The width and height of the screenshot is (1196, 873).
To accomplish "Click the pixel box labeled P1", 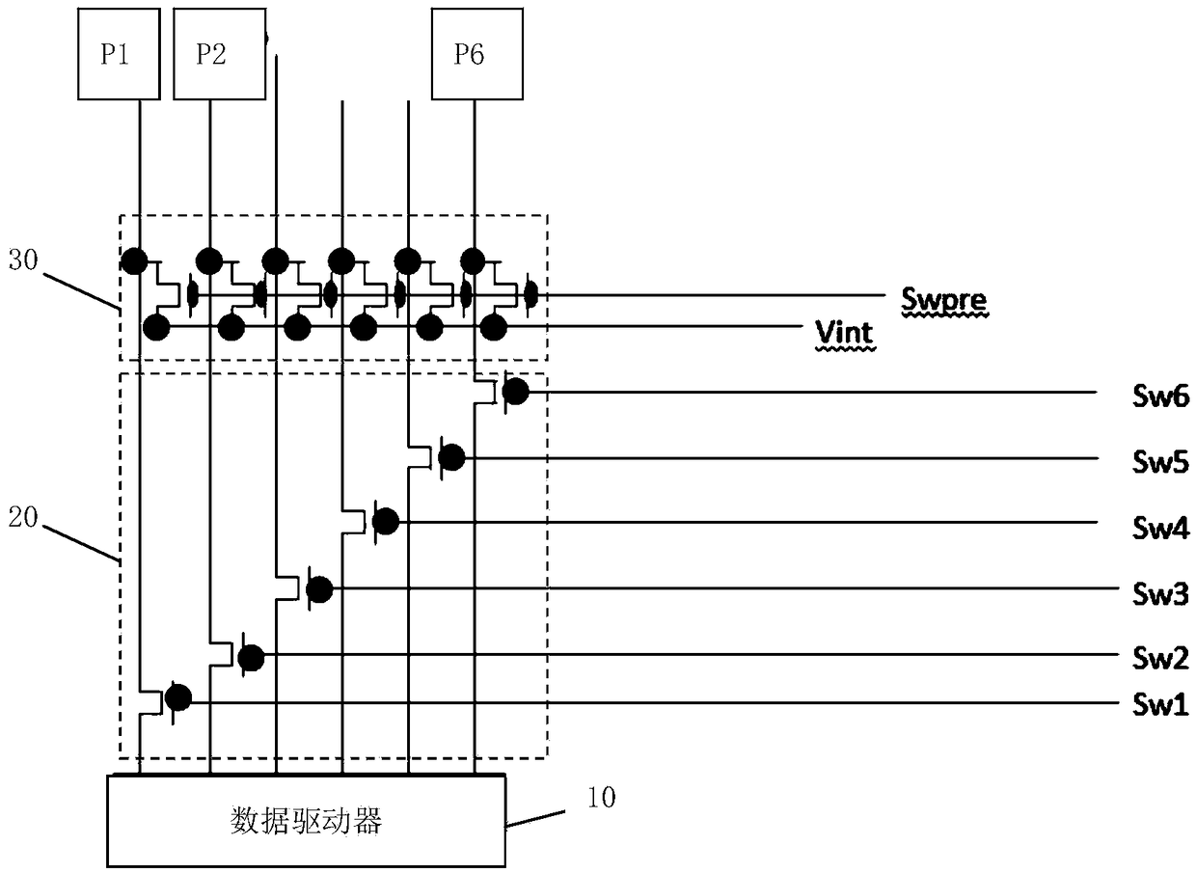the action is coord(119,54).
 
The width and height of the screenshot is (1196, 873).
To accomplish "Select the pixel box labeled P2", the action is coord(220,54).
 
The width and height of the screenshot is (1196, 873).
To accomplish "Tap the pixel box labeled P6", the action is coord(477,54).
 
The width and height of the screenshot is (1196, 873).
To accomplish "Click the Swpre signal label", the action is coord(944,299).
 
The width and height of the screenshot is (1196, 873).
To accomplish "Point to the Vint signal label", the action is coord(844,333).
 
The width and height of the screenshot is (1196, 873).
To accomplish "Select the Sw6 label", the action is coord(1160,396).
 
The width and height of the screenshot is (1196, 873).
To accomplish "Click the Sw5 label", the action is coord(1160,461).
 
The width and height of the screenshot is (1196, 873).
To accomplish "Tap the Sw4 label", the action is coord(1160,528).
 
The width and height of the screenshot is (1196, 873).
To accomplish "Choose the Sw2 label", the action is coord(1160,658).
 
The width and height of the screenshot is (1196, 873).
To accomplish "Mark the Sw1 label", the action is coord(1160,705).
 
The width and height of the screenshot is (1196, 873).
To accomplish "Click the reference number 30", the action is coord(23,260).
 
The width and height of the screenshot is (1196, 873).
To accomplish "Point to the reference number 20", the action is coord(23,517).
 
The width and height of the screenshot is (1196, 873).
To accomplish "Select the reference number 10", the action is coord(601,797).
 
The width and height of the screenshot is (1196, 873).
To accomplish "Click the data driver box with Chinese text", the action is coord(306,821).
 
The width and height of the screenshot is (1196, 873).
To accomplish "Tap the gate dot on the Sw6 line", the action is coord(516,392).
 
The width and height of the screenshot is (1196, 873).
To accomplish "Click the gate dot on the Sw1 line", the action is coord(178,697).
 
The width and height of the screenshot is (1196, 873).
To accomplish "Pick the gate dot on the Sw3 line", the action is coord(320,589).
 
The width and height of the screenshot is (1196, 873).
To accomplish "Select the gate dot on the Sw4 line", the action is coord(386,522).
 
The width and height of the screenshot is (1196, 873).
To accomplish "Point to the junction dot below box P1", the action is coord(134,261).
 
